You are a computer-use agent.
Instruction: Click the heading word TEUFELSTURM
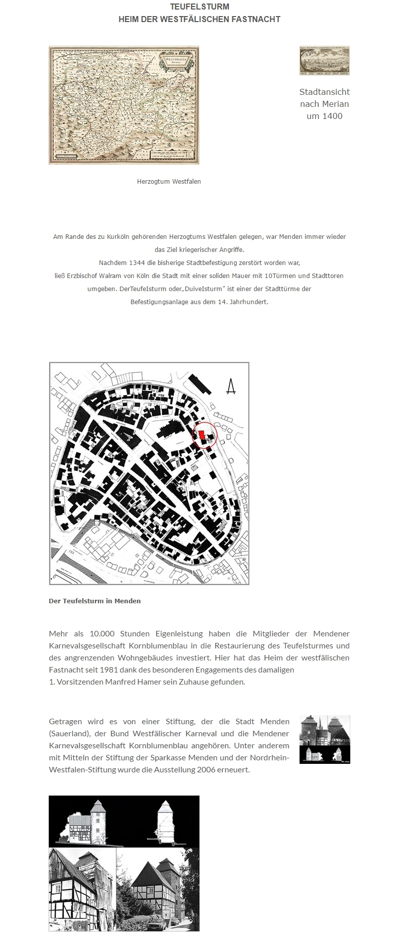click(199, 7)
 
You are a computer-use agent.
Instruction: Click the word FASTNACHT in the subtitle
click(256, 19)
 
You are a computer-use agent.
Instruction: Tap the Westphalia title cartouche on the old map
click(172, 62)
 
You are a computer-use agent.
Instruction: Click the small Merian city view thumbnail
click(324, 61)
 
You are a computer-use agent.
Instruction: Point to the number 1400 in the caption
click(332, 116)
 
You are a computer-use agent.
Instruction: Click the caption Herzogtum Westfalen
click(169, 181)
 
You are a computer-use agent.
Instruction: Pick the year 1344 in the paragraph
click(137, 262)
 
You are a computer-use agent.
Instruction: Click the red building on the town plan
click(202, 436)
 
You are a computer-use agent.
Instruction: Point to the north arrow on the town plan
click(231, 386)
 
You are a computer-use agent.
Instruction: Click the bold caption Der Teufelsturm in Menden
click(94, 601)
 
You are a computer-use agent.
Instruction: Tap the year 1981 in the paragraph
click(110, 670)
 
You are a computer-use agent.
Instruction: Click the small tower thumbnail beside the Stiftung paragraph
click(324, 739)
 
